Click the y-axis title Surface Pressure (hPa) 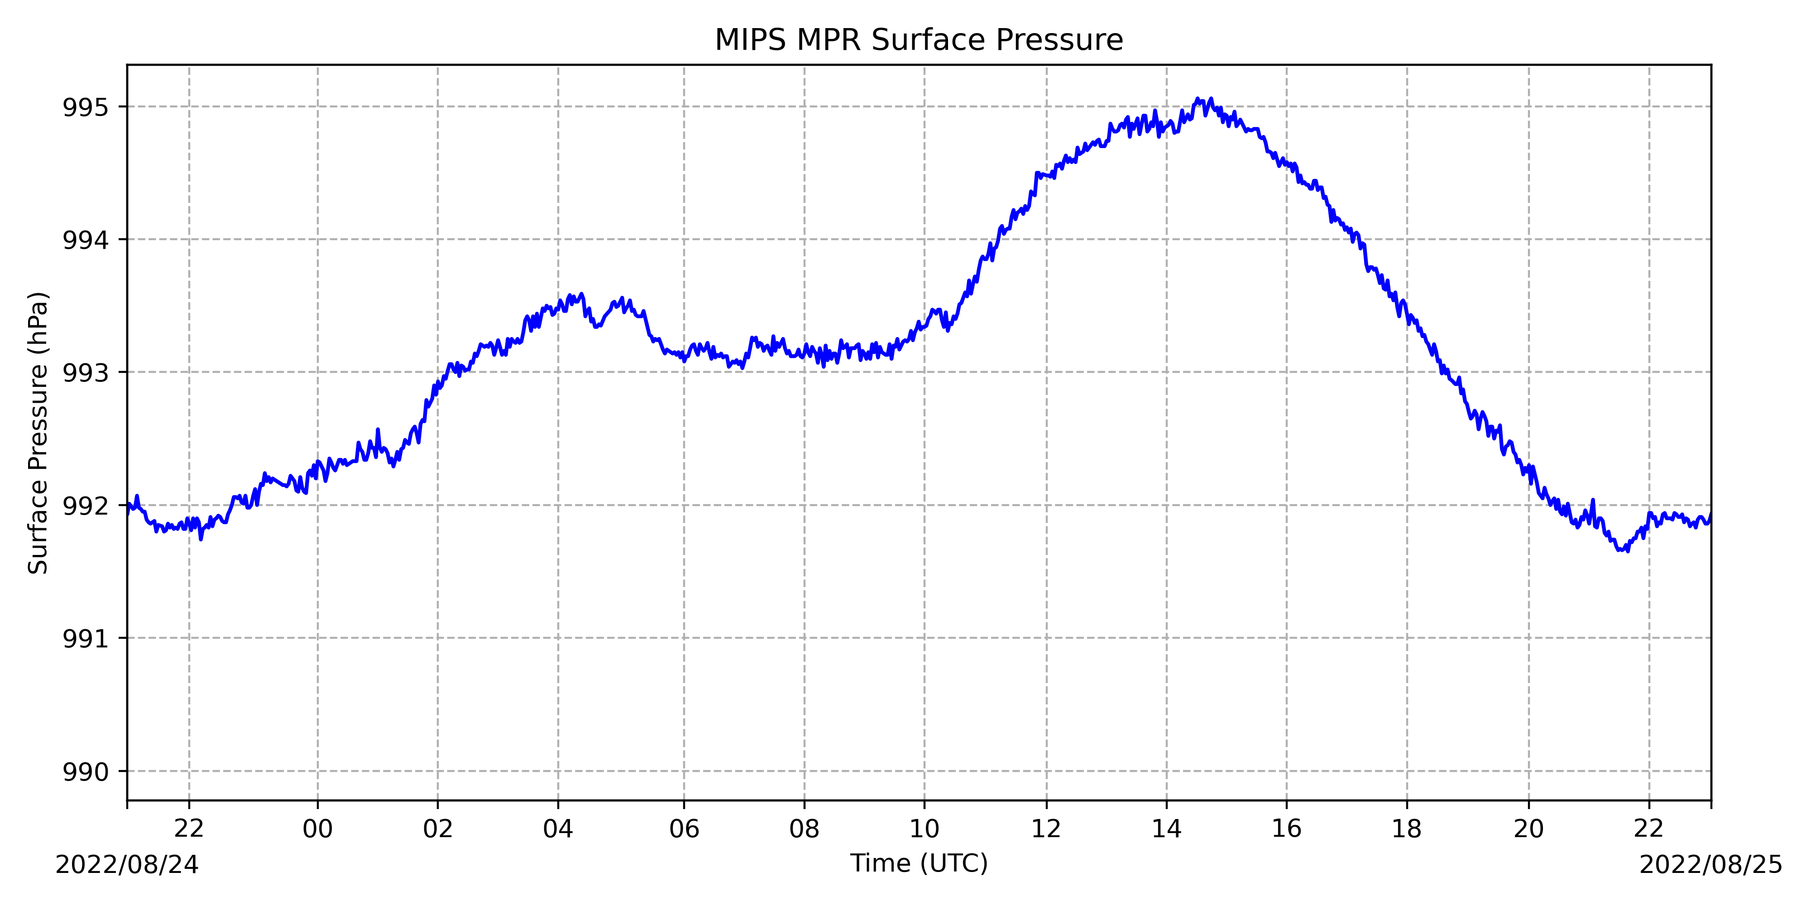click(x=38, y=433)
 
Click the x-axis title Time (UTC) click(x=919, y=863)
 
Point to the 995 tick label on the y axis click(x=86, y=108)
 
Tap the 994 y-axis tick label click(x=86, y=241)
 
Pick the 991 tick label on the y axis click(x=86, y=639)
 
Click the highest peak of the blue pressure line click(x=1197, y=99)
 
